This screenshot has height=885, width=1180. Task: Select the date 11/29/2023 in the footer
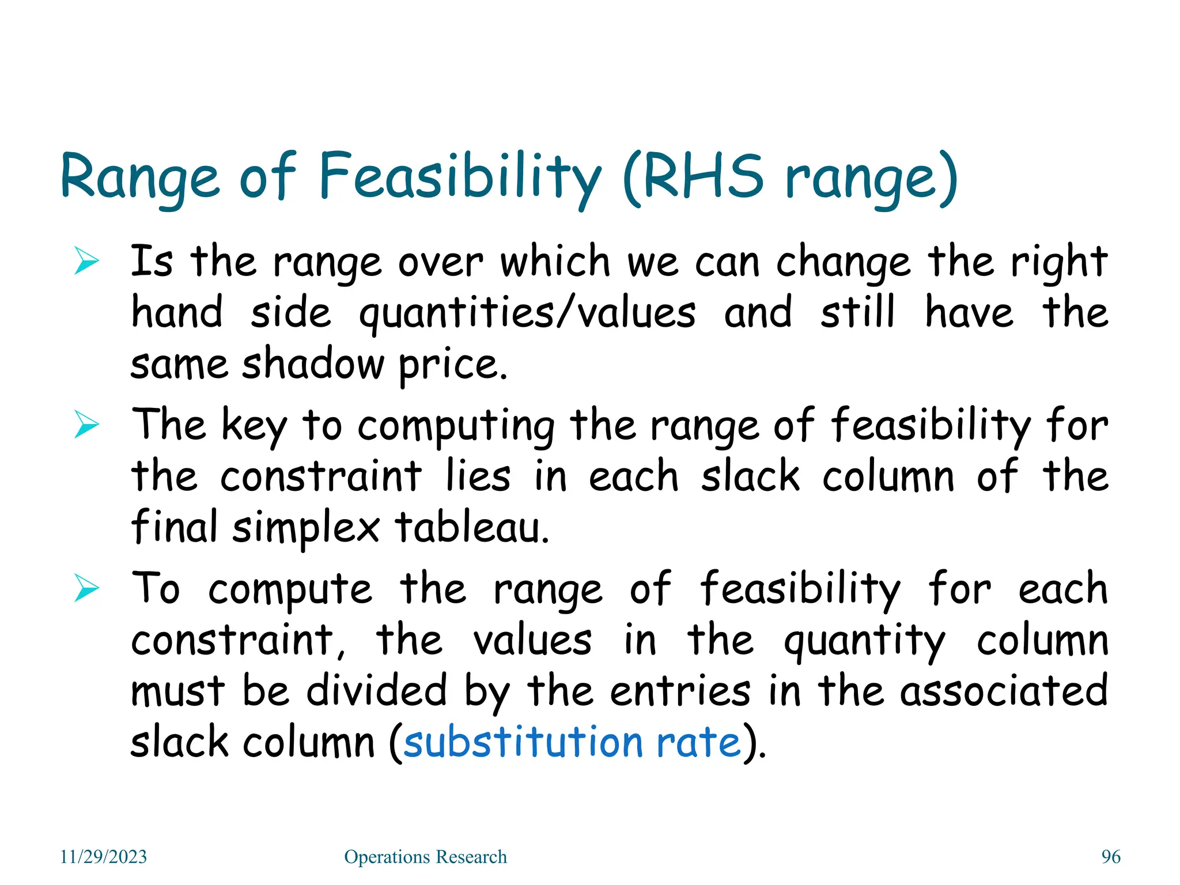[104, 857]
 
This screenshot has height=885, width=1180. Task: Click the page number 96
[1111, 857]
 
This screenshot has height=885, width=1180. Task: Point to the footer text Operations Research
[425, 857]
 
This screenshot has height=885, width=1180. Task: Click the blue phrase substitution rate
[572, 742]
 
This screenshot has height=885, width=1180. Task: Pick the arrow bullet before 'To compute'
[86, 589]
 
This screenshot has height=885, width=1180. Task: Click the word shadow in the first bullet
[312, 364]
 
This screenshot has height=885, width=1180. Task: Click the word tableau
[471, 528]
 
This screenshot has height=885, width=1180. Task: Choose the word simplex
[305, 528]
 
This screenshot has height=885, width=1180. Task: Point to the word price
[453, 365]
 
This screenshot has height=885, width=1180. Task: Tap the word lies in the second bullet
[478, 476]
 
